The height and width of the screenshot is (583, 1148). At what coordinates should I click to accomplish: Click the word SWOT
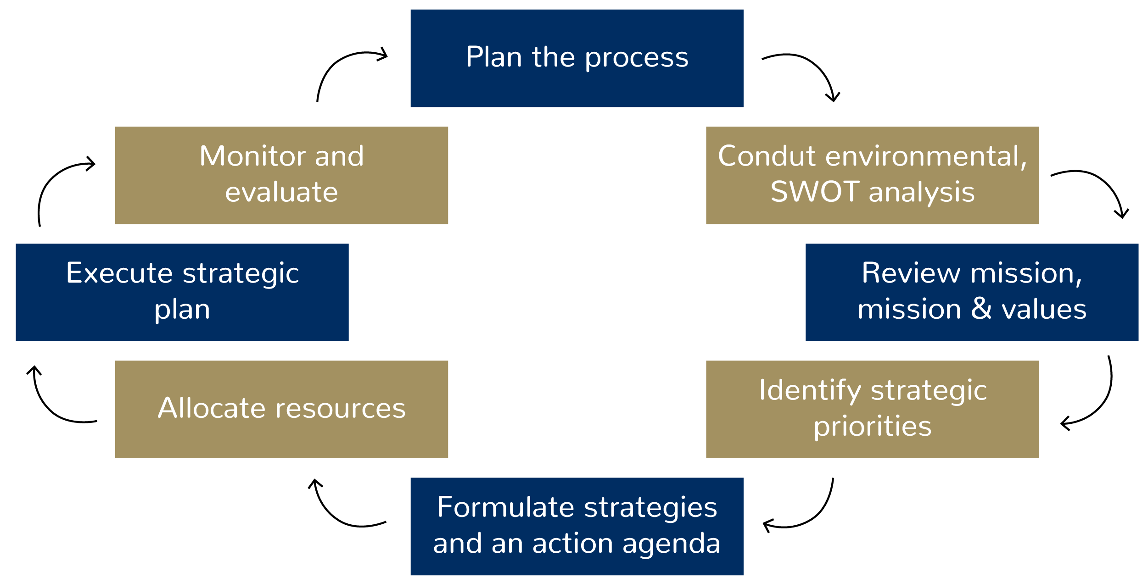[815, 192]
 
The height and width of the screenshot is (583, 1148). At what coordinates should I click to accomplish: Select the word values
[1044, 309]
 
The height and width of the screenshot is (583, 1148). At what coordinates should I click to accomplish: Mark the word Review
[911, 273]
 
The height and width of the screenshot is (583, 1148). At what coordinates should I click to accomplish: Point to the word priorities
[873, 427]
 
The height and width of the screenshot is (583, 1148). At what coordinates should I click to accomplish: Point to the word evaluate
[281, 192]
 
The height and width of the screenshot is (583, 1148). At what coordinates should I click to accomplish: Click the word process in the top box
[637, 58]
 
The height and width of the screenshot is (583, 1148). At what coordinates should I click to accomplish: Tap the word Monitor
[252, 156]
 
